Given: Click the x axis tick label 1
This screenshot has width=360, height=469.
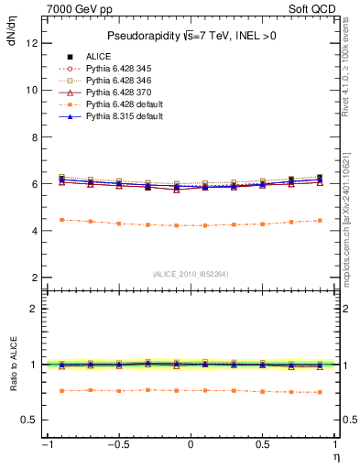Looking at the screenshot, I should pos(336,446).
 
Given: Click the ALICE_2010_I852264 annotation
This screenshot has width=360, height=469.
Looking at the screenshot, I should pos(191,273).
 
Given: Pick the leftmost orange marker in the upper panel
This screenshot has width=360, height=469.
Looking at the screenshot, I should pos(61,220).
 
